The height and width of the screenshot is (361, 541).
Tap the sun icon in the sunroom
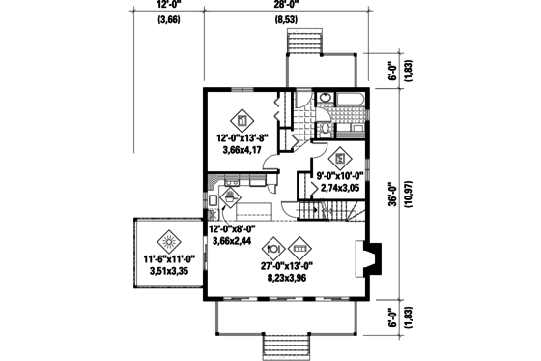pyautogui.click(x=168, y=239)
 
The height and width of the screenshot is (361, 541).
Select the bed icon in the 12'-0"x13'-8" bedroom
pyautogui.click(x=242, y=121)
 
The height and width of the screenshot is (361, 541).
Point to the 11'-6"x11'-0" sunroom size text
pyautogui.click(x=169, y=259)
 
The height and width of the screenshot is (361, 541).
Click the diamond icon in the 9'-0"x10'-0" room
pyautogui.click(x=339, y=158)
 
